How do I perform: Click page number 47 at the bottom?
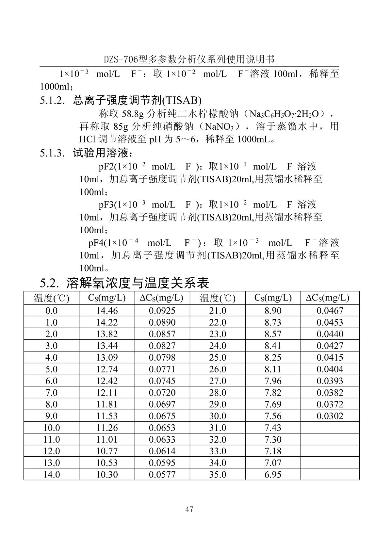click(x=189, y=509)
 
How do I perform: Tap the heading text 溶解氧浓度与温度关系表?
click(x=138, y=283)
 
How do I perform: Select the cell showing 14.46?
click(x=107, y=311)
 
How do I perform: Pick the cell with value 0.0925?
click(x=162, y=311)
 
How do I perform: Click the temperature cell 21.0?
click(x=218, y=311)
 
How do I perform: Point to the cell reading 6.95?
click(x=273, y=475)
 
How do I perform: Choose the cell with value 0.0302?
click(x=330, y=416)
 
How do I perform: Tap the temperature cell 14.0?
click(x=52, y=475)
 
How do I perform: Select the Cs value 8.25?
click(x=273, y=358)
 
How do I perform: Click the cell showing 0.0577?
click(x=162, y=475)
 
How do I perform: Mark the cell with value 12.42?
click(x=107, y=381)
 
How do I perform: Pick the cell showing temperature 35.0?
click(x=218, y=475)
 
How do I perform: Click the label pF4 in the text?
click(x=95, y=243)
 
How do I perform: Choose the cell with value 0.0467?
click(x=330, y=311)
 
